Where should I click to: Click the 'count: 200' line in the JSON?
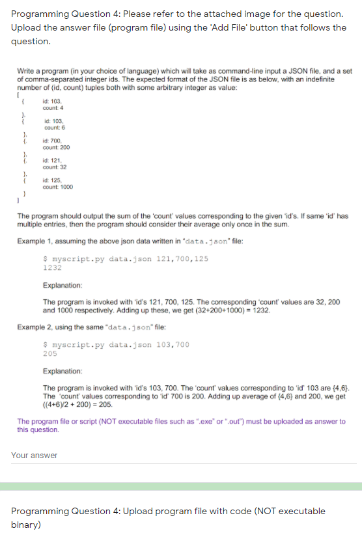point(57,148)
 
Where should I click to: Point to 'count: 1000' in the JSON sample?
point(58,187)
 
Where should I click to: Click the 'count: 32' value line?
point(55,167)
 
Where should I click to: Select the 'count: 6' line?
point(55,127)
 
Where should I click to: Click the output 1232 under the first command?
point(52,267)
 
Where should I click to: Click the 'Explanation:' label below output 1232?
point(63,285)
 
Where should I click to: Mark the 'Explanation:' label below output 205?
point(63,371)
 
